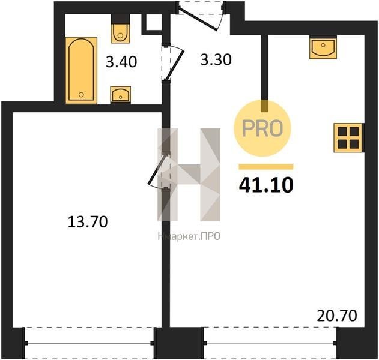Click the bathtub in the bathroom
point(81,70)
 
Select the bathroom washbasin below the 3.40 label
point(121,95)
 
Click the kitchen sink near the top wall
point(323,47)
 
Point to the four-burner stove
point(348,138)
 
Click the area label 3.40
point(121,62)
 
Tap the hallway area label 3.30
point(216,59)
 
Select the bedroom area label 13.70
point(88,222)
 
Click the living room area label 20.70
point(337,316)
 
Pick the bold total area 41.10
point(266,185)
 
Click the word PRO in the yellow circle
point(262,128)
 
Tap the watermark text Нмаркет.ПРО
point(189,236)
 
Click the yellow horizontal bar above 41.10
point(266,167)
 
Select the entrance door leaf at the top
point(198,19)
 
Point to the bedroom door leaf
point(157,170)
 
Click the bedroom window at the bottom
point(89,343)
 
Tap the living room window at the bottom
point(270,343)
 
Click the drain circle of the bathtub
point(81,95)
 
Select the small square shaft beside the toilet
point(153,22)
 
